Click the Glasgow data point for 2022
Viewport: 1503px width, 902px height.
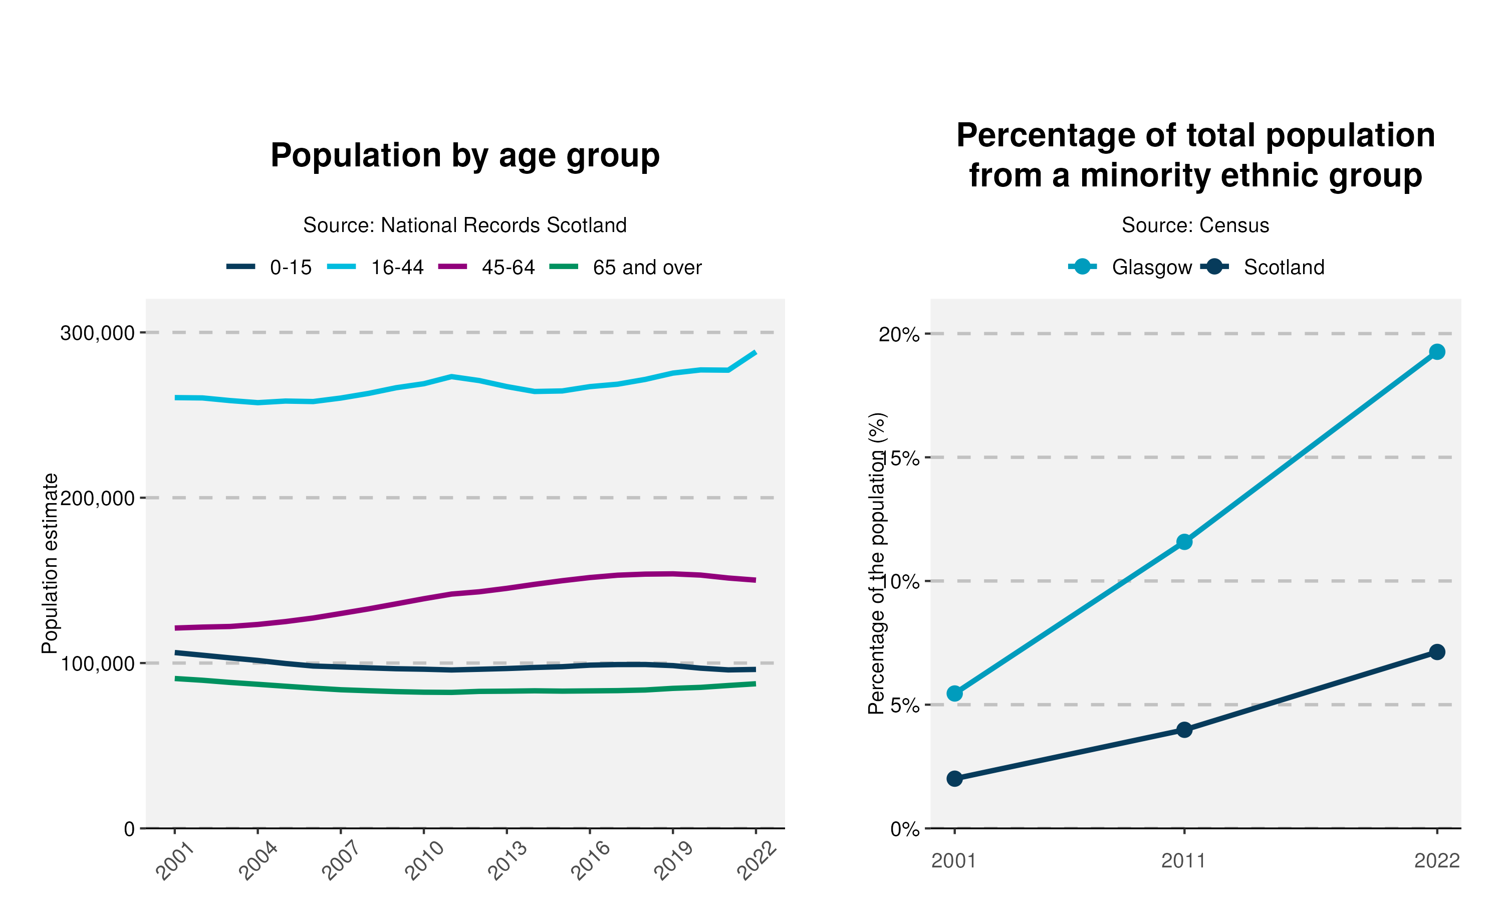point(1437,352)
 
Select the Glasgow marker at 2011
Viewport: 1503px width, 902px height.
point(1184,542)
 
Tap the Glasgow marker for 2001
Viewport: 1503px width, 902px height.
point(954,694)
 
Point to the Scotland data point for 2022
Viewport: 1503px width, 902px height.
point(1437,652)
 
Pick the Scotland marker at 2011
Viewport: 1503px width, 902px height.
point(1184,730)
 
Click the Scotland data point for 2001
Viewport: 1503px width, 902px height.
point(954,779)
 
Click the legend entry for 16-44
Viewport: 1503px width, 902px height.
point(397,268)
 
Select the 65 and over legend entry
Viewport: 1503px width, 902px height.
point(646,268)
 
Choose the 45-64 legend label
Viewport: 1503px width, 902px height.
point(508,268)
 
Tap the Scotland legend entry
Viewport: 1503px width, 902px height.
point(1283,268)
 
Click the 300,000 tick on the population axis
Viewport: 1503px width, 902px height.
point(97,333)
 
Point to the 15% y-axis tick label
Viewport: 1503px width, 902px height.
point(900,458)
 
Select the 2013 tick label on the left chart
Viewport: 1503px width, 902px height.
point(508,861)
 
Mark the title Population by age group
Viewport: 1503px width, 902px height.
point(465,156)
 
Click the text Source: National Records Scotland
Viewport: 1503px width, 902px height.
point(465,225)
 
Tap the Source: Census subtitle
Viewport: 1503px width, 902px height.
point(1195,225)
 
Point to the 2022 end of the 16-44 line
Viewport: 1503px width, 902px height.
point(755,353)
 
